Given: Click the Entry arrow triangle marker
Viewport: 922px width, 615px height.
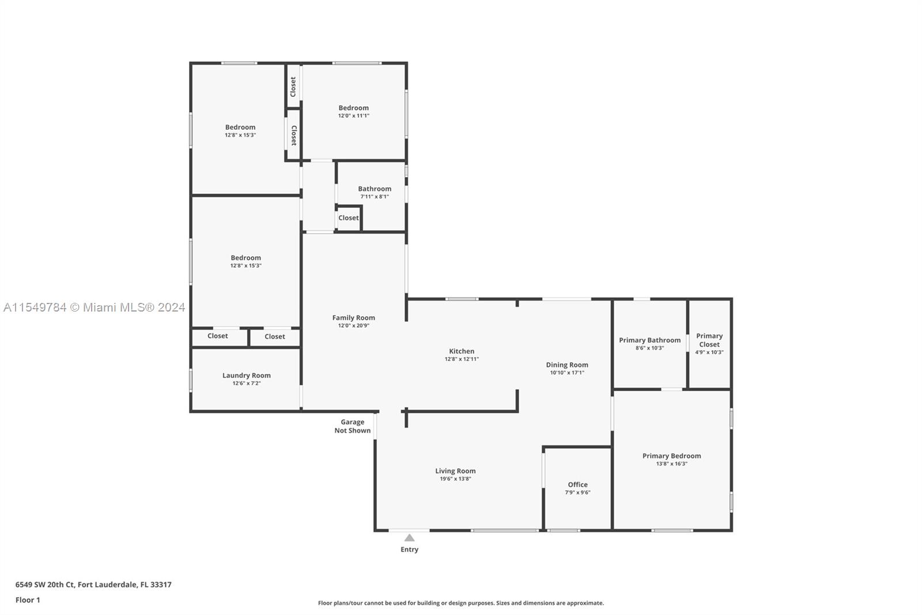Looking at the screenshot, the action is [x=409, y=538].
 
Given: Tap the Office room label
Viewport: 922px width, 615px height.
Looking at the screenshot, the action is [x=577, y=485].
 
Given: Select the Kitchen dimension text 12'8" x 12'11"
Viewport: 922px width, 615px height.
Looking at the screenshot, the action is [x=462, y=359].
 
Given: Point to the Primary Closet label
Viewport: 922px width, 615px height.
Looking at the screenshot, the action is [x=709, y=340].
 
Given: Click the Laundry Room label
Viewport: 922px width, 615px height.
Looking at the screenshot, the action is [x=247, y=376].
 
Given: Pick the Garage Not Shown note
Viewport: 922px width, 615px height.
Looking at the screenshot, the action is [x=352, y=426].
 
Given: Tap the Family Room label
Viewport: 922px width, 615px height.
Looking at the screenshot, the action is [x=354, y=318].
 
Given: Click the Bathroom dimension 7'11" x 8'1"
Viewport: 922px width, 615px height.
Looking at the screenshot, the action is [x=375, y=197].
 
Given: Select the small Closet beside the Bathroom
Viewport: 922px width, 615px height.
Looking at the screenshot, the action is [x=348, y=218].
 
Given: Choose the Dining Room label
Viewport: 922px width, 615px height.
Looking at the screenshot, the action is [x=567, y=365].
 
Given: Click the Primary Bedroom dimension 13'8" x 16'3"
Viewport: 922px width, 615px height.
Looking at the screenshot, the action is [x=671, y=464].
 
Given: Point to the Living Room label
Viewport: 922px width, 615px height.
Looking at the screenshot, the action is [x=455, y=471].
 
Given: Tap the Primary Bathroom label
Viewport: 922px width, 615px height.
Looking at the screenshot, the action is [x=649, y=340].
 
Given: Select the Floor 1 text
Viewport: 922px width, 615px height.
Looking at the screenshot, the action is [x=28, y=600].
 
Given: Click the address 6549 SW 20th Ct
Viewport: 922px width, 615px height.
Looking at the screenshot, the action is [x=46, y=584].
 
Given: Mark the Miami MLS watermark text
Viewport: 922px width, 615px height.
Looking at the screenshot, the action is [x=95, y=307].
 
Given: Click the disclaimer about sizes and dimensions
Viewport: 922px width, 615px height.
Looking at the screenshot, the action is [x=461, y=603].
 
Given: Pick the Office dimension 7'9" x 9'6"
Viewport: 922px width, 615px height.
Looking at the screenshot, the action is [x=577, y=493].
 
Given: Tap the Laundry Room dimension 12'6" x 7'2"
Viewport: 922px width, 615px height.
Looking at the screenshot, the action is [x=247, y=383].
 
